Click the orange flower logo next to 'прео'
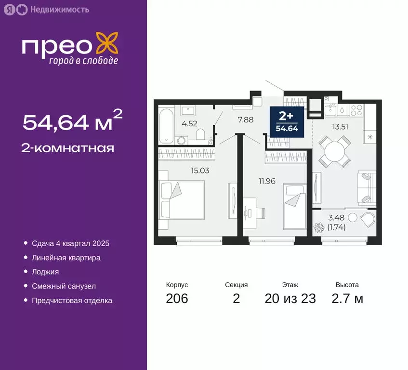(x=107, y=43)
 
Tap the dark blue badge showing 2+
(x=287, y=122)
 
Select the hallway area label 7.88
(x=246, y=120)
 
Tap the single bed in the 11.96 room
(x=295, y=206)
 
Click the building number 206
(x=177, y=299)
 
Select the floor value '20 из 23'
(x=290, y=299)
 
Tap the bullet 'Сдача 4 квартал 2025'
(x=71, y=243)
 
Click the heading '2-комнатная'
(x=68, y=148)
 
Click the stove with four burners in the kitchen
(x=356, y=110)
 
